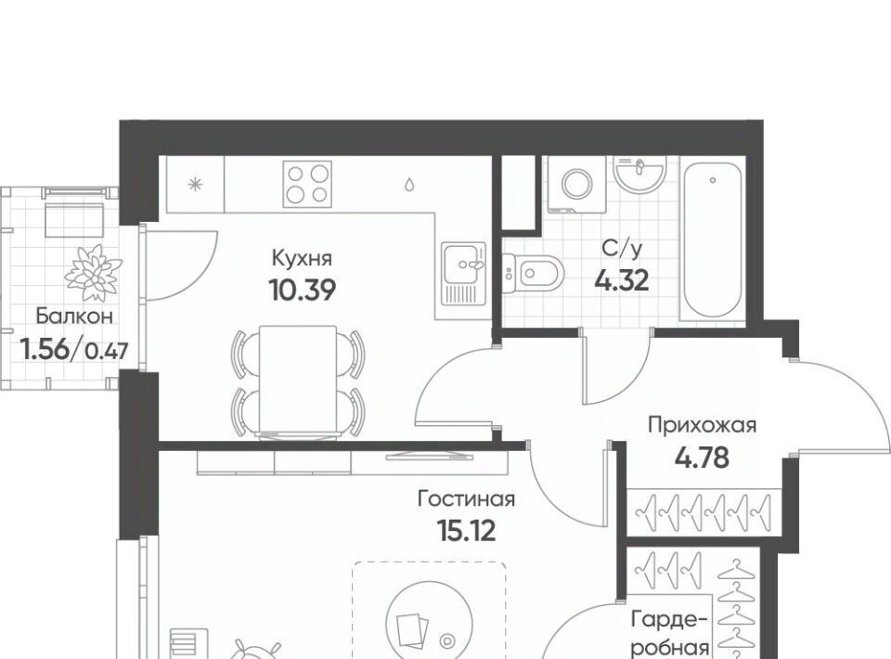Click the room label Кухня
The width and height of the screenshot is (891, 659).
301,258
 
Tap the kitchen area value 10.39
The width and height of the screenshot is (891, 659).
303,291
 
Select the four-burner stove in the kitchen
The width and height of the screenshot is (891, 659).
307,184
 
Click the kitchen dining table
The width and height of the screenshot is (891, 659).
298,381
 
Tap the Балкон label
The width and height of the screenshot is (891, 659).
74,317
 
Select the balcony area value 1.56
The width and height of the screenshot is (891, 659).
45,348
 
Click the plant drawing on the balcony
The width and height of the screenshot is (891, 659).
93,272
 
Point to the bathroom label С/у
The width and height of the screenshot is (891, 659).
622,248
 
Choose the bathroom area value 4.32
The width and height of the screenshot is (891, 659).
622,279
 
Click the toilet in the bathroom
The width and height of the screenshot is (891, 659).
532,273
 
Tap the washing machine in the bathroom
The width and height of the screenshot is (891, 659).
577,184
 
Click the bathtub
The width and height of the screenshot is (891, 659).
712,239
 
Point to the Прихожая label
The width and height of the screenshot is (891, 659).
703,424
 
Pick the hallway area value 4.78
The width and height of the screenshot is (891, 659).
703,457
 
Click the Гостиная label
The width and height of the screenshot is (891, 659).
466,498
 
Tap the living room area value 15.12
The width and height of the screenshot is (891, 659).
466,531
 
